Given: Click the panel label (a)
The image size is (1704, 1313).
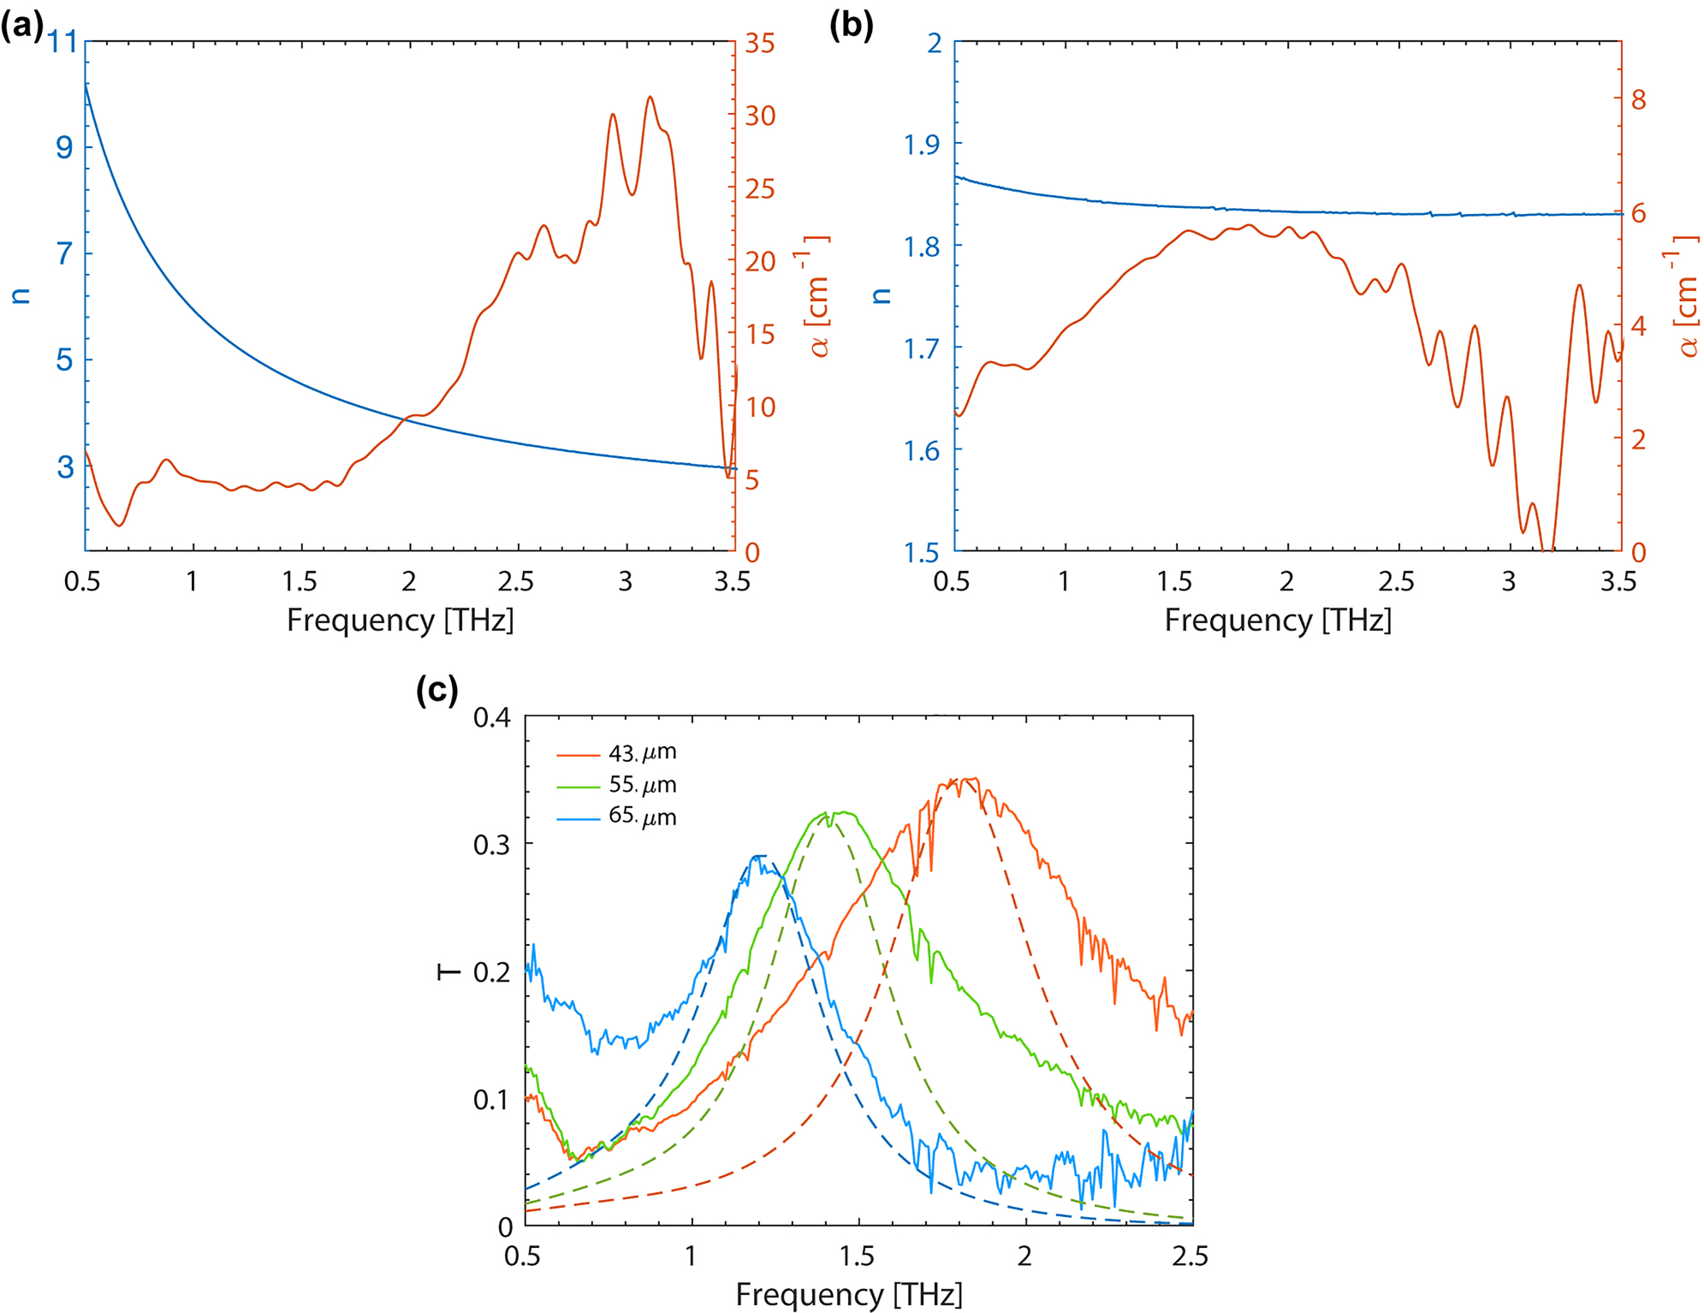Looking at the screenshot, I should [21, 27].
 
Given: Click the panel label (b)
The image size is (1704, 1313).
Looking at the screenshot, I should [851, 27].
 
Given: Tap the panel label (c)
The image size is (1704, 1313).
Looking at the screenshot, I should [436, 689].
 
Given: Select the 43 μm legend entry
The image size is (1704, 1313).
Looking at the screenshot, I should [641, 753].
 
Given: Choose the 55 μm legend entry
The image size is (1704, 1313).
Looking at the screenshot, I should [641, 785].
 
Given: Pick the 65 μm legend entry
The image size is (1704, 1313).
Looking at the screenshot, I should [641, 817].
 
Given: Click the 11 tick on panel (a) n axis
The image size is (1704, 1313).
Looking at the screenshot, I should [62, 42].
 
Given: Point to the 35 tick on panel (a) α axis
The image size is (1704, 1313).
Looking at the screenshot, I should [759, 43].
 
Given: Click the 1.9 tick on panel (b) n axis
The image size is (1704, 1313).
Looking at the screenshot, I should [922, 145].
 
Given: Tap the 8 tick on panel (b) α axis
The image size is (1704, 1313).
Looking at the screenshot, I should [1638, 99].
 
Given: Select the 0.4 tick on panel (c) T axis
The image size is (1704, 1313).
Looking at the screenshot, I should [492, 717].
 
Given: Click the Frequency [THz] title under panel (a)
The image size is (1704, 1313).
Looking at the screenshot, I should [400, 620].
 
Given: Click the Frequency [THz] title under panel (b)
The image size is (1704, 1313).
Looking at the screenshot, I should [1277, 620].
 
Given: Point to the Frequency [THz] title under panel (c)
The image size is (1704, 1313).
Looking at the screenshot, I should [848, 1294].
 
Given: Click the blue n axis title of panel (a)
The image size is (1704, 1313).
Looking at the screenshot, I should [21, 296].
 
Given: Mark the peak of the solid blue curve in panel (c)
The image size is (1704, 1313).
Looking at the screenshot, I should [757, 856].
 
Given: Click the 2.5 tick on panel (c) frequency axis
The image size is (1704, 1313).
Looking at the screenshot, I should [1190, 1256].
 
